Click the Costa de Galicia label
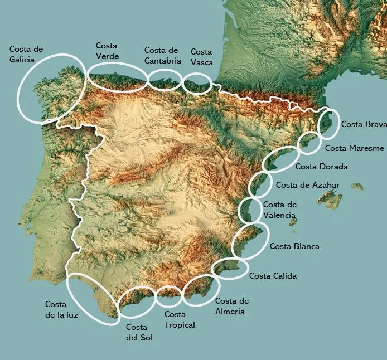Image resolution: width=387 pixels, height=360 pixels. click(x=26, y=54)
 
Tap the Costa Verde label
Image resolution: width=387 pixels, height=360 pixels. click(x=107, y=51)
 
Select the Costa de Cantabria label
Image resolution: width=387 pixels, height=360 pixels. click(x=161, y=55)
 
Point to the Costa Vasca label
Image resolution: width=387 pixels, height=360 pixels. click(x=201, y=57)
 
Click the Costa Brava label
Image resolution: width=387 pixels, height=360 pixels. click(x=363, y=124)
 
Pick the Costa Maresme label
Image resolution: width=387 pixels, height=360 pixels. click(x=354, y=148)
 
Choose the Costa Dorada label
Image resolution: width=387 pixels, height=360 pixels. click(x=321, y=166)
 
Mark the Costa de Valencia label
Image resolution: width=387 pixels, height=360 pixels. click(x=279, y=210)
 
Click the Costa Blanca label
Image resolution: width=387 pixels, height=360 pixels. click(x=294, y=246)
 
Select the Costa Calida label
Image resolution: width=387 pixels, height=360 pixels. click(x=273, y=275)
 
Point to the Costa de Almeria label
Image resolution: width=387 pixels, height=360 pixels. click(x=232, y=306)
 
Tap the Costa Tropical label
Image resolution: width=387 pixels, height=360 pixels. click(x=180, y=319)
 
